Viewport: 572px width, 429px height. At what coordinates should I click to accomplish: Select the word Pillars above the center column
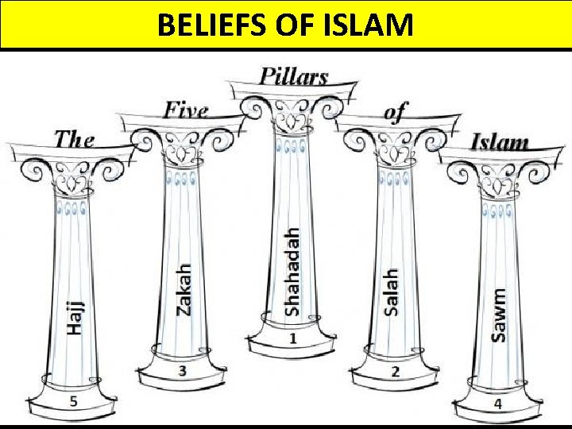pyautogui.click(x=293, y=76)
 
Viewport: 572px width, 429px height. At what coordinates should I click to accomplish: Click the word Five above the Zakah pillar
pyautogui.click(x=186, y=110)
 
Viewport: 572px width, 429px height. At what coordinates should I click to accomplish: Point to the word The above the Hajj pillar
pyautogui.click(x=74, y=139)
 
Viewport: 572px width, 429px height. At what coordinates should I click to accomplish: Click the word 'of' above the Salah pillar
pyautogui.click(x=395, y=112)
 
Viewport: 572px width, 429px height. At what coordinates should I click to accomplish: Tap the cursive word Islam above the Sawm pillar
pyautogui.click(x=500, y=142)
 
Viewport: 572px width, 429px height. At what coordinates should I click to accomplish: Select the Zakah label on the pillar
pyautogui.click(x=184, y=289)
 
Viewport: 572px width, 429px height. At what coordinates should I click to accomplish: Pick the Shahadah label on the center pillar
pyautogui.click(x=293, y=271)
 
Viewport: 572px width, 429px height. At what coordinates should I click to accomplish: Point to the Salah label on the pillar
pyautogui.click(x=391, y=292)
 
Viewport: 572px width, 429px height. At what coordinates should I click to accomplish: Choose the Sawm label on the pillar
pyautogui.click(x=499, y=315)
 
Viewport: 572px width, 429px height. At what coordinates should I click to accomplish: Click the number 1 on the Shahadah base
pyautogui.click(x=292, y=339)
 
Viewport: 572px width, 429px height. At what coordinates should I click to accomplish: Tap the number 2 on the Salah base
pyautogui.click(x=395, y=371)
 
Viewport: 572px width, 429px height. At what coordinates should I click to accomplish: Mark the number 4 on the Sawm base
pyautogui.click(x=497, y=404)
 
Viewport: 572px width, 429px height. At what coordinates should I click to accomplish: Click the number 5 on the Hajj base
pyautogui.click(x=73, y=401)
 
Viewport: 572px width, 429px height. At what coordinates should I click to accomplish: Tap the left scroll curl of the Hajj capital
pyautogui.click(x=33, y=169)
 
